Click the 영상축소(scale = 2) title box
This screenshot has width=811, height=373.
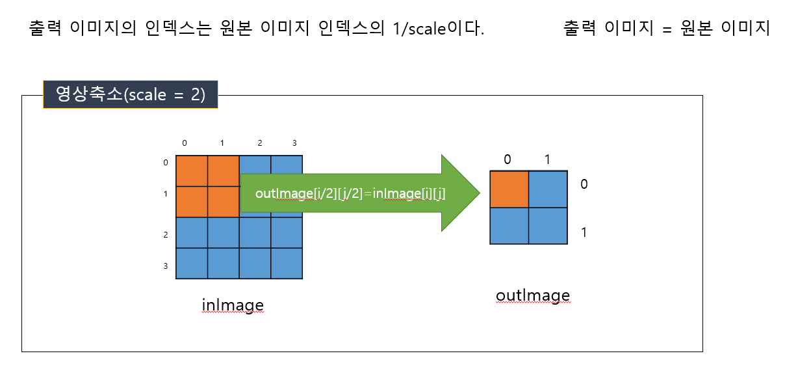pyautogui.click(x=130, y=94)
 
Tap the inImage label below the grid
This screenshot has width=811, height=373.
pyautogui.click(x=233, y=305)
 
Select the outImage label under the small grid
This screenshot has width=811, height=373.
pyautogui.click(x=532, y=296)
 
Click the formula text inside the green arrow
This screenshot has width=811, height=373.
pyautogui.click(x=350, y=193)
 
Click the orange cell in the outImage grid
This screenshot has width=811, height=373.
pyautogui.click(x=509, y=189)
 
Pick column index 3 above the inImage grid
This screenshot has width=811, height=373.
pyautogui.click(x=294, y=143)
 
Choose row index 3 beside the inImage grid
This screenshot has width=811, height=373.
pyautogui.click(x=166, y=266)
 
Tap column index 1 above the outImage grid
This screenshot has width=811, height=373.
pyautogui.click(x=547, y=159)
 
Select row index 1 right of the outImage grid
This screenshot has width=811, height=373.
pyautogui.click(x=584, y=232)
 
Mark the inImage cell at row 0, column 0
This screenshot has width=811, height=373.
pyautogui.click(x=192, y=171)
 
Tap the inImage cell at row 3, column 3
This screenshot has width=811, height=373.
pyautogui.click(x=287, y=263)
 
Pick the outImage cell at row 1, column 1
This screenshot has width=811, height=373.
pyautogui.click(x=548, y=225)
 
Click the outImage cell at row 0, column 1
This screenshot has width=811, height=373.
pyautogui.click(x=548, y=189)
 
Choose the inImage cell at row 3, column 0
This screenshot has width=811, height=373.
pyautogui.click(x=192, y=263)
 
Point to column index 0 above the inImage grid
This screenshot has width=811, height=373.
pyautogui.click(x=185, y=143)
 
